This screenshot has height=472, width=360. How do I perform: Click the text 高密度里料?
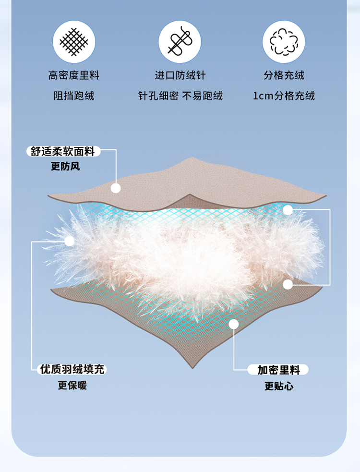(73, 75)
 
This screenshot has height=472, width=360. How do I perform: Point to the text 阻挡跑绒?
(73, 96)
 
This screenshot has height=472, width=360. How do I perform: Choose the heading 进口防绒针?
(180, 75)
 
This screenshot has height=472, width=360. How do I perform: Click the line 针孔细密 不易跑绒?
(180, 96)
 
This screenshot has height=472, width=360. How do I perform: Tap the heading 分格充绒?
(284, 75)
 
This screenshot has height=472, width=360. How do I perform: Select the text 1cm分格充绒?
(284, 96)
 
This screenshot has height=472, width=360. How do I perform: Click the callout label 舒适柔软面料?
(63, 152)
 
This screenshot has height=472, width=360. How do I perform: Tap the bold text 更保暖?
(72, 385)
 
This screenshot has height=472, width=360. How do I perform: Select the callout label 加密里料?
(278, 370)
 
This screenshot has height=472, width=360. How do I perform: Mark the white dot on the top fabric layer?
(116, 188)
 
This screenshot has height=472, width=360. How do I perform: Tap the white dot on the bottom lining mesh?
(234, 324)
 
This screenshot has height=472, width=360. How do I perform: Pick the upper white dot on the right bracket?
(288, 209)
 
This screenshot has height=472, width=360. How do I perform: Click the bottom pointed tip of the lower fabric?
(193, 368)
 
